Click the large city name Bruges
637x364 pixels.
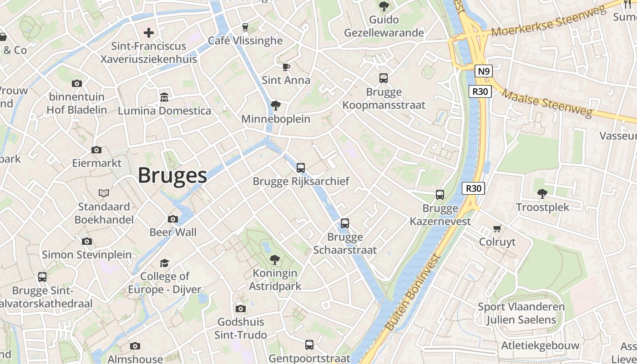(x=172, y=175)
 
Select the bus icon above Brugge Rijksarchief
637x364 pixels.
(x=301, y=168)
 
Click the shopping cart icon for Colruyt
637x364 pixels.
(x=497, y=228)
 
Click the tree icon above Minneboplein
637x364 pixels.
(x=275, y=106)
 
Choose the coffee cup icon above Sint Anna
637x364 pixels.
(x=286, y=67)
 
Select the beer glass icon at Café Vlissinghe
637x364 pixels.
(x=245, y=27)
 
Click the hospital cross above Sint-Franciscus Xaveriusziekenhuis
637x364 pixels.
(x=149, y=32)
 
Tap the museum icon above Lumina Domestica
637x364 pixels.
(x=164, y=97)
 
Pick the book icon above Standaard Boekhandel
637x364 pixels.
(x=104, y=193)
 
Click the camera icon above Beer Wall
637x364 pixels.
(x=173, y=219)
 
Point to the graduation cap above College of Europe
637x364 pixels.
(x=164, y=263)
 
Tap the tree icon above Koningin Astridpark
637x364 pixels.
(x=274, y=260)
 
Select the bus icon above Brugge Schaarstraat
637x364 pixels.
(x=345, y=223)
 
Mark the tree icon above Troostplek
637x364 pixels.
(x=542, y=194)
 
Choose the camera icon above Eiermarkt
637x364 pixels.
(x=96, y=150)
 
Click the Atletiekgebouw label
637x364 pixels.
(x=540, y=345)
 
